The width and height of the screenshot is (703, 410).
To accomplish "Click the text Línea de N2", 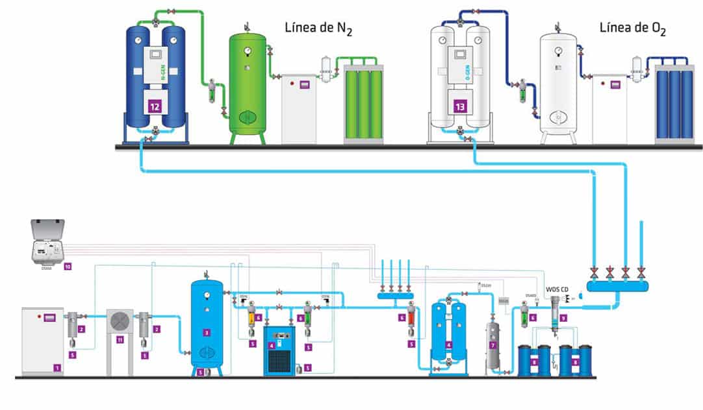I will (x=318, y=29).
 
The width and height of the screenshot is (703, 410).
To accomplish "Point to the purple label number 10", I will (x=67, y=266).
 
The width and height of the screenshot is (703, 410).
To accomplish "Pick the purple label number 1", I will (x=57, y=368).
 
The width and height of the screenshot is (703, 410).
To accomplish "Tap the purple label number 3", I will (x=207, y=332).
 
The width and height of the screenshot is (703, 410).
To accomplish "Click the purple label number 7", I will (x=493, y=346).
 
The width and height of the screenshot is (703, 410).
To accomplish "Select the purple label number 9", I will (x=564, y=318).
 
